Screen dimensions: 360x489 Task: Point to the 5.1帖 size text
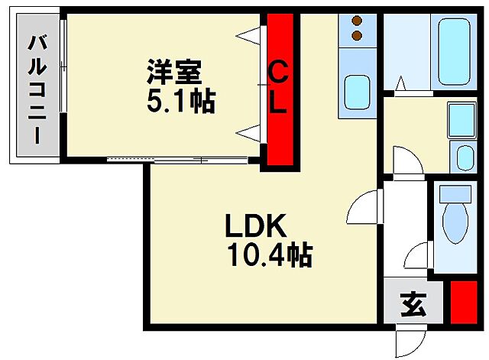181,100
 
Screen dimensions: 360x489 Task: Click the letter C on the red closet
280,73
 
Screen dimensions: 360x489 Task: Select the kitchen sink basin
357,92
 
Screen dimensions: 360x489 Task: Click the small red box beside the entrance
461,302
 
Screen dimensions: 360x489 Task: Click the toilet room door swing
419,256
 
